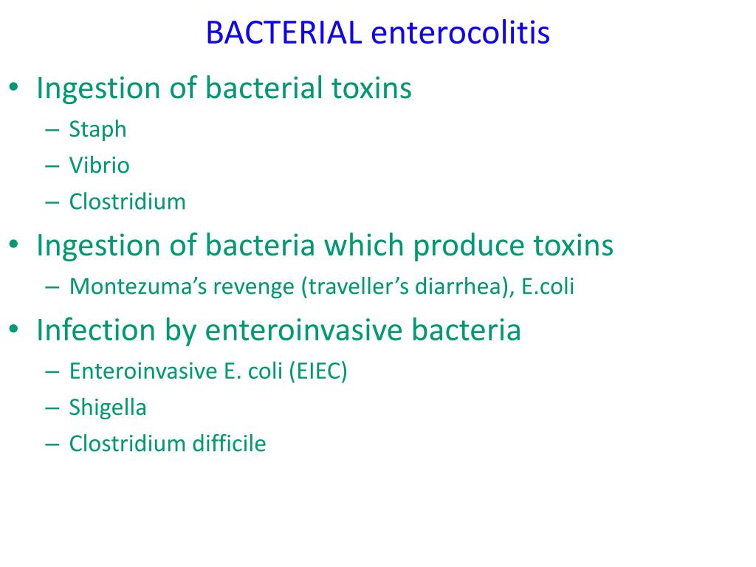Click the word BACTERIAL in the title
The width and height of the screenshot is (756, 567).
(x=283, y=33)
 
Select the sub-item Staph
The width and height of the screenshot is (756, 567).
(x=97, y=130)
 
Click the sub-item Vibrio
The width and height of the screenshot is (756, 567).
(x=99, y=165)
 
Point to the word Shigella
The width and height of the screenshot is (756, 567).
(x=108, y=408)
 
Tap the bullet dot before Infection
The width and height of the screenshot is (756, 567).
(x=15, y=331)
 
